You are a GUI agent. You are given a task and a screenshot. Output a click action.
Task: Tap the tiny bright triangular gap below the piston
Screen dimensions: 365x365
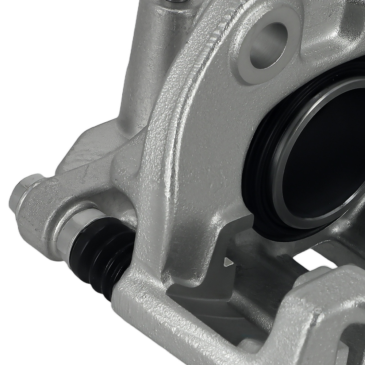point(228,261)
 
